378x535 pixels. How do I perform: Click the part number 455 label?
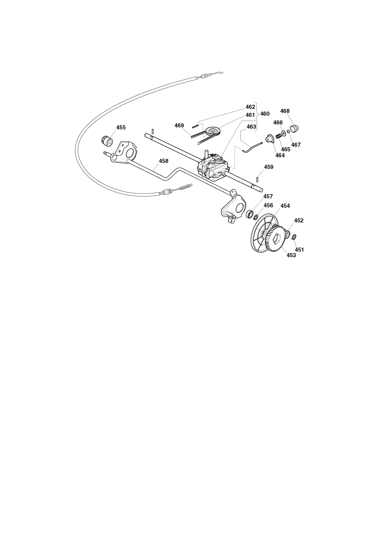click(121, 127)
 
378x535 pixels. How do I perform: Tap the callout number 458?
click(164, 161)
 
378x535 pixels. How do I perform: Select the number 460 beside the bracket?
click(265, 114)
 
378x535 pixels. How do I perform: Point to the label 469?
click(179, 126)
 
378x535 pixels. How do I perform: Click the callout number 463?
click(251, 127)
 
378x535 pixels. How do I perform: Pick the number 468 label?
click(285, 111)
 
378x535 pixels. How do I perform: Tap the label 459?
click(269, 167)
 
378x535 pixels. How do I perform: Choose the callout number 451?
click(299, 250)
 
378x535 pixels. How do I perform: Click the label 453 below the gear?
click(291, 255)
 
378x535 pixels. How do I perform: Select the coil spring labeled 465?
click(279, 136)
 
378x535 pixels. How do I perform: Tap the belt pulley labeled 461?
click(213, 131)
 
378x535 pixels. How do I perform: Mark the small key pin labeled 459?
click(257, 179)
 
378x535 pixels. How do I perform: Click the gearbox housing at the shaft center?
click(212, 167)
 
